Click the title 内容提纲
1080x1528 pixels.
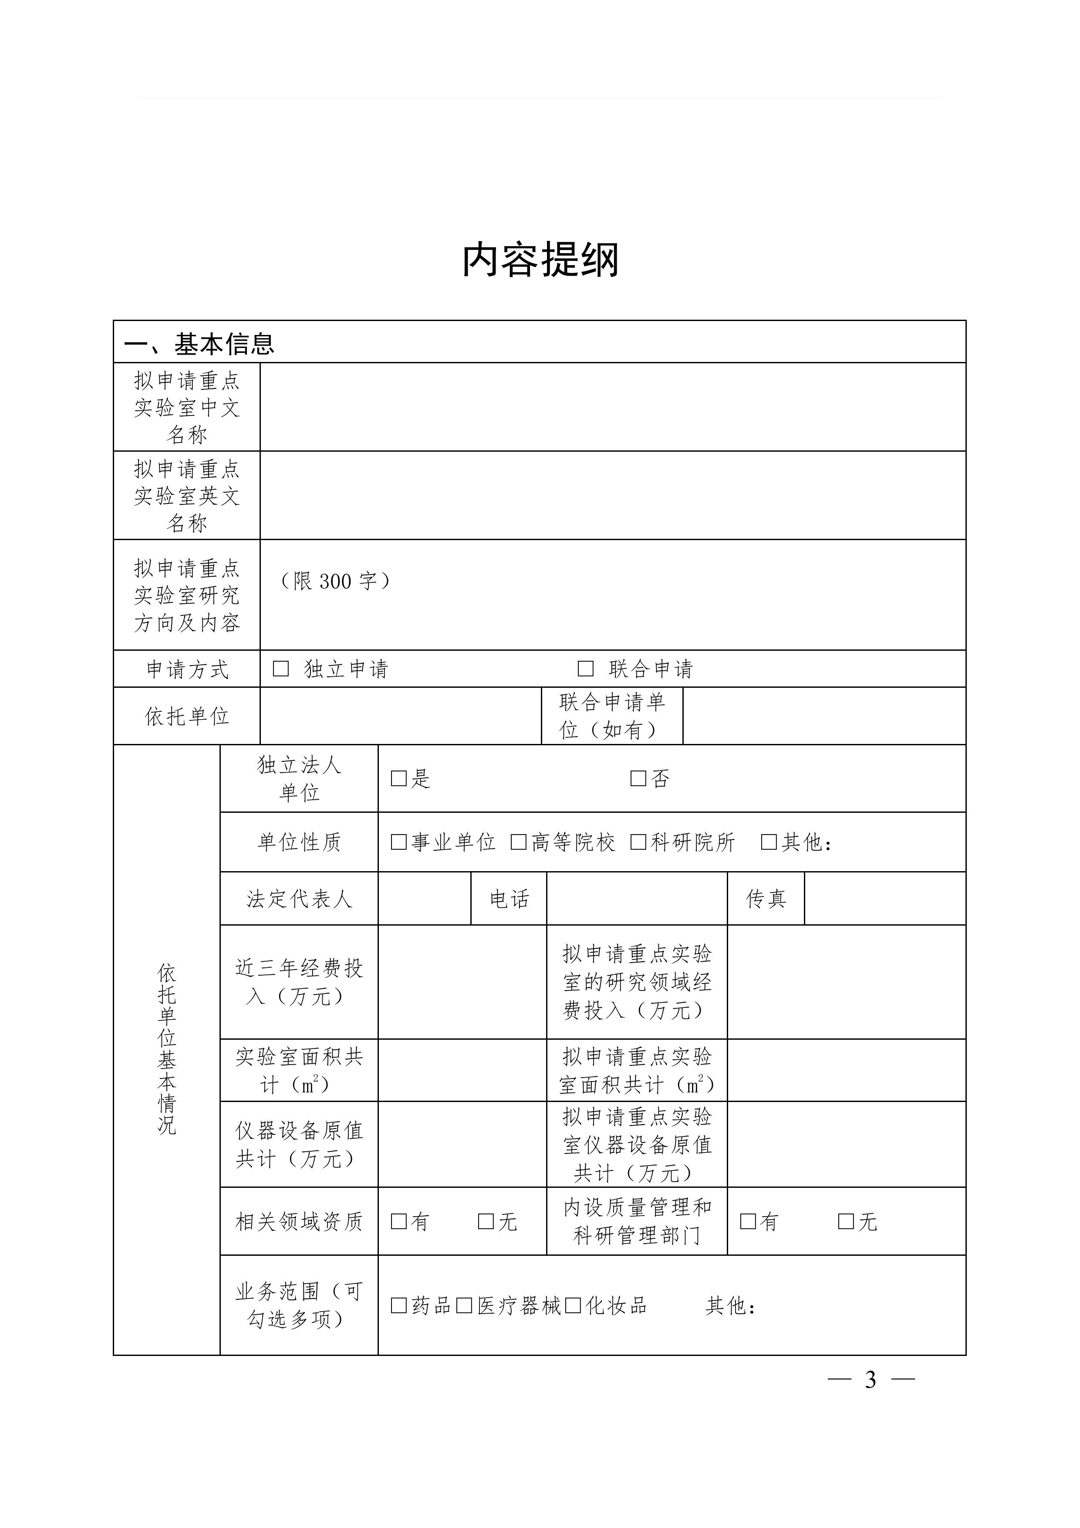tap(540, 260)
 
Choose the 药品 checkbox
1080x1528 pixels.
tap(398, 1306)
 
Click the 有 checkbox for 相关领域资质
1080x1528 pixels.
tap(398, 1221)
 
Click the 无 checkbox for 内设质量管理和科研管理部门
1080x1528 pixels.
tap(846, 1221)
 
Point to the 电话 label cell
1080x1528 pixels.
tap(509, 899)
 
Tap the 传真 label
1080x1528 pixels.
tap(766, 899)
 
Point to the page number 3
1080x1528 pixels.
tap(871, 1380)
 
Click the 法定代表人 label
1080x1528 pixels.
tap(299, 899)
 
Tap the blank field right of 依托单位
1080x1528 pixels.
tap(401, 716)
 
